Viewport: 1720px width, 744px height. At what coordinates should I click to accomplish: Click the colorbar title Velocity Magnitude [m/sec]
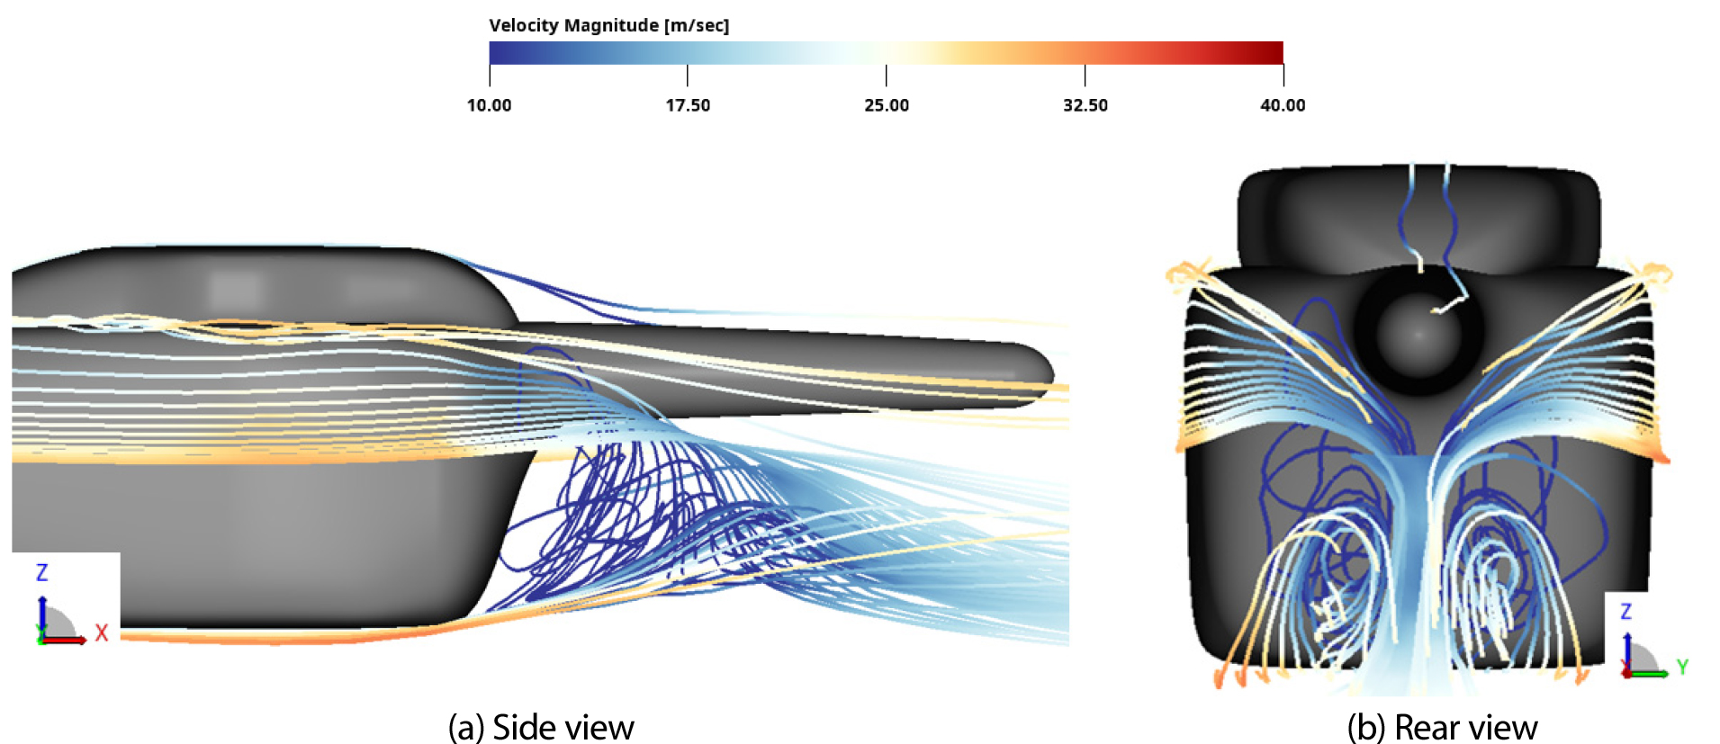click(x=609, y=25)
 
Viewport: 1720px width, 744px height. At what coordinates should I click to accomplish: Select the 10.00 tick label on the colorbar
click(x=489, y=105)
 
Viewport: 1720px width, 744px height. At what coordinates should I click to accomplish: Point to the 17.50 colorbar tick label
click(x=688, y=105)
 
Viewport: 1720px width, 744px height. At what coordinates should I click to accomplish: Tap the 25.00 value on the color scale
click(x=887, y=105)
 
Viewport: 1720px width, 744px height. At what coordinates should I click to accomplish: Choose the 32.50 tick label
click(x=1085, y=105)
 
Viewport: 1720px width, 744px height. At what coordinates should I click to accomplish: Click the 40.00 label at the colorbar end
click(x=1283, y=105)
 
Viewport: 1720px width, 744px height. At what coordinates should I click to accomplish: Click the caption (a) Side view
click(x=541, y=727)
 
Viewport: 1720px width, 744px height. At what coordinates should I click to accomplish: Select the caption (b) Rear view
click(x=1442, y=727)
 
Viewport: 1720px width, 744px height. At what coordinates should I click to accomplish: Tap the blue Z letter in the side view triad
click(x=41, y=572)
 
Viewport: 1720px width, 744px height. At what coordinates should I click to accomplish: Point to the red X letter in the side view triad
click(x=101, y=632)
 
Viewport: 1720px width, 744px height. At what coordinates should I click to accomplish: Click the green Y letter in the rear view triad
click(x=1682, y=667)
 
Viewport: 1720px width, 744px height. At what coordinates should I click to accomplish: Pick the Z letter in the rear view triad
click(x=1625, y=612)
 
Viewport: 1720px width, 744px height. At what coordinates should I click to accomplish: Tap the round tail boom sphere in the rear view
click(x=1419, y=333)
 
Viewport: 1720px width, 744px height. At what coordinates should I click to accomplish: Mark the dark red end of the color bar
click(x=1274, y=52)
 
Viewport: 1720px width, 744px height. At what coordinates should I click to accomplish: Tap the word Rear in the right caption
click(x=1423, y=727)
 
